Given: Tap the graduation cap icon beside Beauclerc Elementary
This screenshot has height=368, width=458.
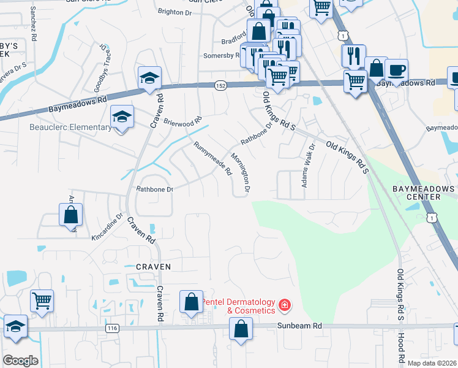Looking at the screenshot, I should pyautogui.click(x=122, y=116).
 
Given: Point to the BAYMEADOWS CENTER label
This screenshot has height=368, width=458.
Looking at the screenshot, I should pyautogui.click(x=425, y=193).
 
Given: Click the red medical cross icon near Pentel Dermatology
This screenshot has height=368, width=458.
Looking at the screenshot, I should pyautogui.click(x=284, y=305).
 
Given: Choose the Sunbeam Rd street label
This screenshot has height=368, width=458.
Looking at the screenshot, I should pyautogui.click(x=300, y=326).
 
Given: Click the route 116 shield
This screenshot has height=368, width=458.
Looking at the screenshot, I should pyautogui.click(x=111, y=329).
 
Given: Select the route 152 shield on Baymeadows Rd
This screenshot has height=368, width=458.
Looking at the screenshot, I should pyautogui.click(x=220, y=86).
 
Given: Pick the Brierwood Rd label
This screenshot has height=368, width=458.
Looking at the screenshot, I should pyautogui.click(x=182, y=112).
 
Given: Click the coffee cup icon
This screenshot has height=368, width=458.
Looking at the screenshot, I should pyautogui.click(x=396, y=70).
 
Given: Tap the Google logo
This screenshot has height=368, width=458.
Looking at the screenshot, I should pyautogui.click(x=20, y=361).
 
